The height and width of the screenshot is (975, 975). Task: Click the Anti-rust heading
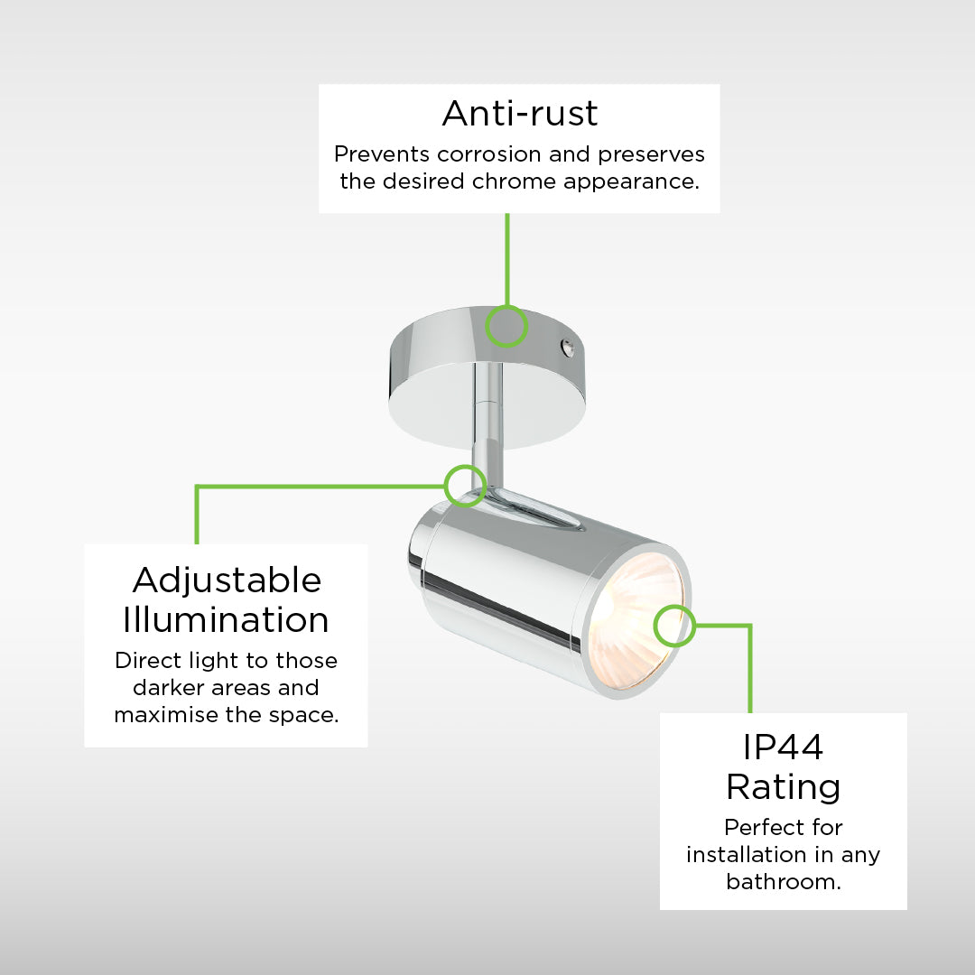[520, 113]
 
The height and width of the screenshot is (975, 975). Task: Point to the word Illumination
[227, 620]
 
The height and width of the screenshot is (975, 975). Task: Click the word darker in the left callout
[169, 687]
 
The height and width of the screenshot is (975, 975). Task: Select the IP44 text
[784, 747]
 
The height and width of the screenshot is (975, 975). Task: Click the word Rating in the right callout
[784, 788]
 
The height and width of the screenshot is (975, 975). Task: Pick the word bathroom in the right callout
[784, 881]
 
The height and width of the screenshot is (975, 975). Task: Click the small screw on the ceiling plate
[567, 348]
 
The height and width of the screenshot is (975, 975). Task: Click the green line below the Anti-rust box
[507, 259]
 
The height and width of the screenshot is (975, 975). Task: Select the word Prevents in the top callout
[381, 153]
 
